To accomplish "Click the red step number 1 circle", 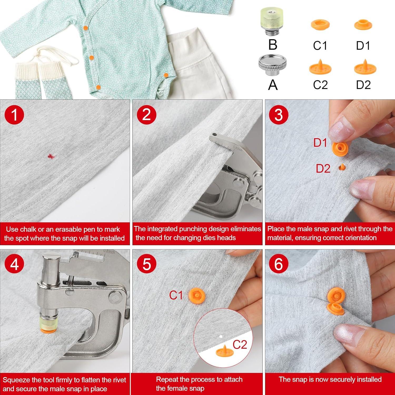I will (14, 115).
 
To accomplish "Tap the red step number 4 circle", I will (14, 264).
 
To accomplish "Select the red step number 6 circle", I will (279, 264).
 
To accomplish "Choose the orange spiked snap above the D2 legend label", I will (365, 67).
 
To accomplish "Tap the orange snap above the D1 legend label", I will (363, 24).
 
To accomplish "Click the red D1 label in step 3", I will (320, 143).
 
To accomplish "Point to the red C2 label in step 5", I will (240, 344).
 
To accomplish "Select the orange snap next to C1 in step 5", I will (197, 295).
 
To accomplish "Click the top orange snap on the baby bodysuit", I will (85, 28).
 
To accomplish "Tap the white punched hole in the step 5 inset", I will (221, 336).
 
